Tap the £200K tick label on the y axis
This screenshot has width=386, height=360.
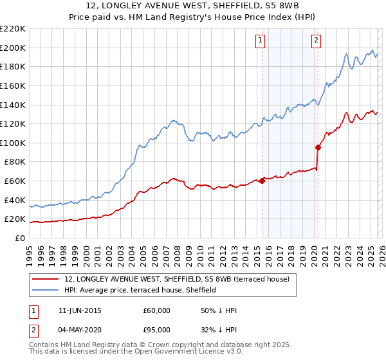[13, 48]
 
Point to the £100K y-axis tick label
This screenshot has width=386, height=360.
[13, 143]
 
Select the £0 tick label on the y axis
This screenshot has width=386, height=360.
[19, 238]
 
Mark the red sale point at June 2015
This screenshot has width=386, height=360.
[262, 181]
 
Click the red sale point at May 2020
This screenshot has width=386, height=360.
[318, 147]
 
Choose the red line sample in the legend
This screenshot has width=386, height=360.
[46, 280]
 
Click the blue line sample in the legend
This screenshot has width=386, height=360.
[46, 291]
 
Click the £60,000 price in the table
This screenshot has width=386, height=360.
[156, 310]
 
